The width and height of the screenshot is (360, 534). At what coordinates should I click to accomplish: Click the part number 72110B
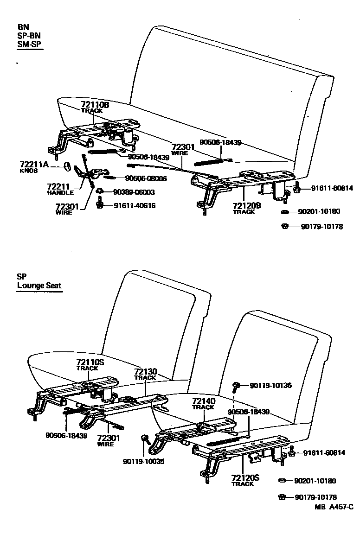point(95,105)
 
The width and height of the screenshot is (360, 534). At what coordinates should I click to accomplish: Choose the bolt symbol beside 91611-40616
point(99,204)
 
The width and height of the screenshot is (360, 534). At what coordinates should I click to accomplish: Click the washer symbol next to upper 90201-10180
point(286,212)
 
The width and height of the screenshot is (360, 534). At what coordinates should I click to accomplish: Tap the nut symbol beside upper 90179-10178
point(286,226)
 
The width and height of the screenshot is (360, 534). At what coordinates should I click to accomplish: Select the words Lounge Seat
point(39,286)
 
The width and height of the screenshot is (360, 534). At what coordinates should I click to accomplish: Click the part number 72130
point(146,372)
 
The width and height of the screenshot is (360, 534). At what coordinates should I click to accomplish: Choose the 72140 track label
point(204,401)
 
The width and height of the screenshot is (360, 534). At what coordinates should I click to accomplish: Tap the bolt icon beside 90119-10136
point(237,385)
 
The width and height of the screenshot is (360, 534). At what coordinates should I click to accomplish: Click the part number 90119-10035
point(144,461)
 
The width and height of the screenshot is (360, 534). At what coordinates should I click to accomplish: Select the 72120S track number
point(243,477)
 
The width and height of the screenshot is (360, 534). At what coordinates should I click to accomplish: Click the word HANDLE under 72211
point(60,192)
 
